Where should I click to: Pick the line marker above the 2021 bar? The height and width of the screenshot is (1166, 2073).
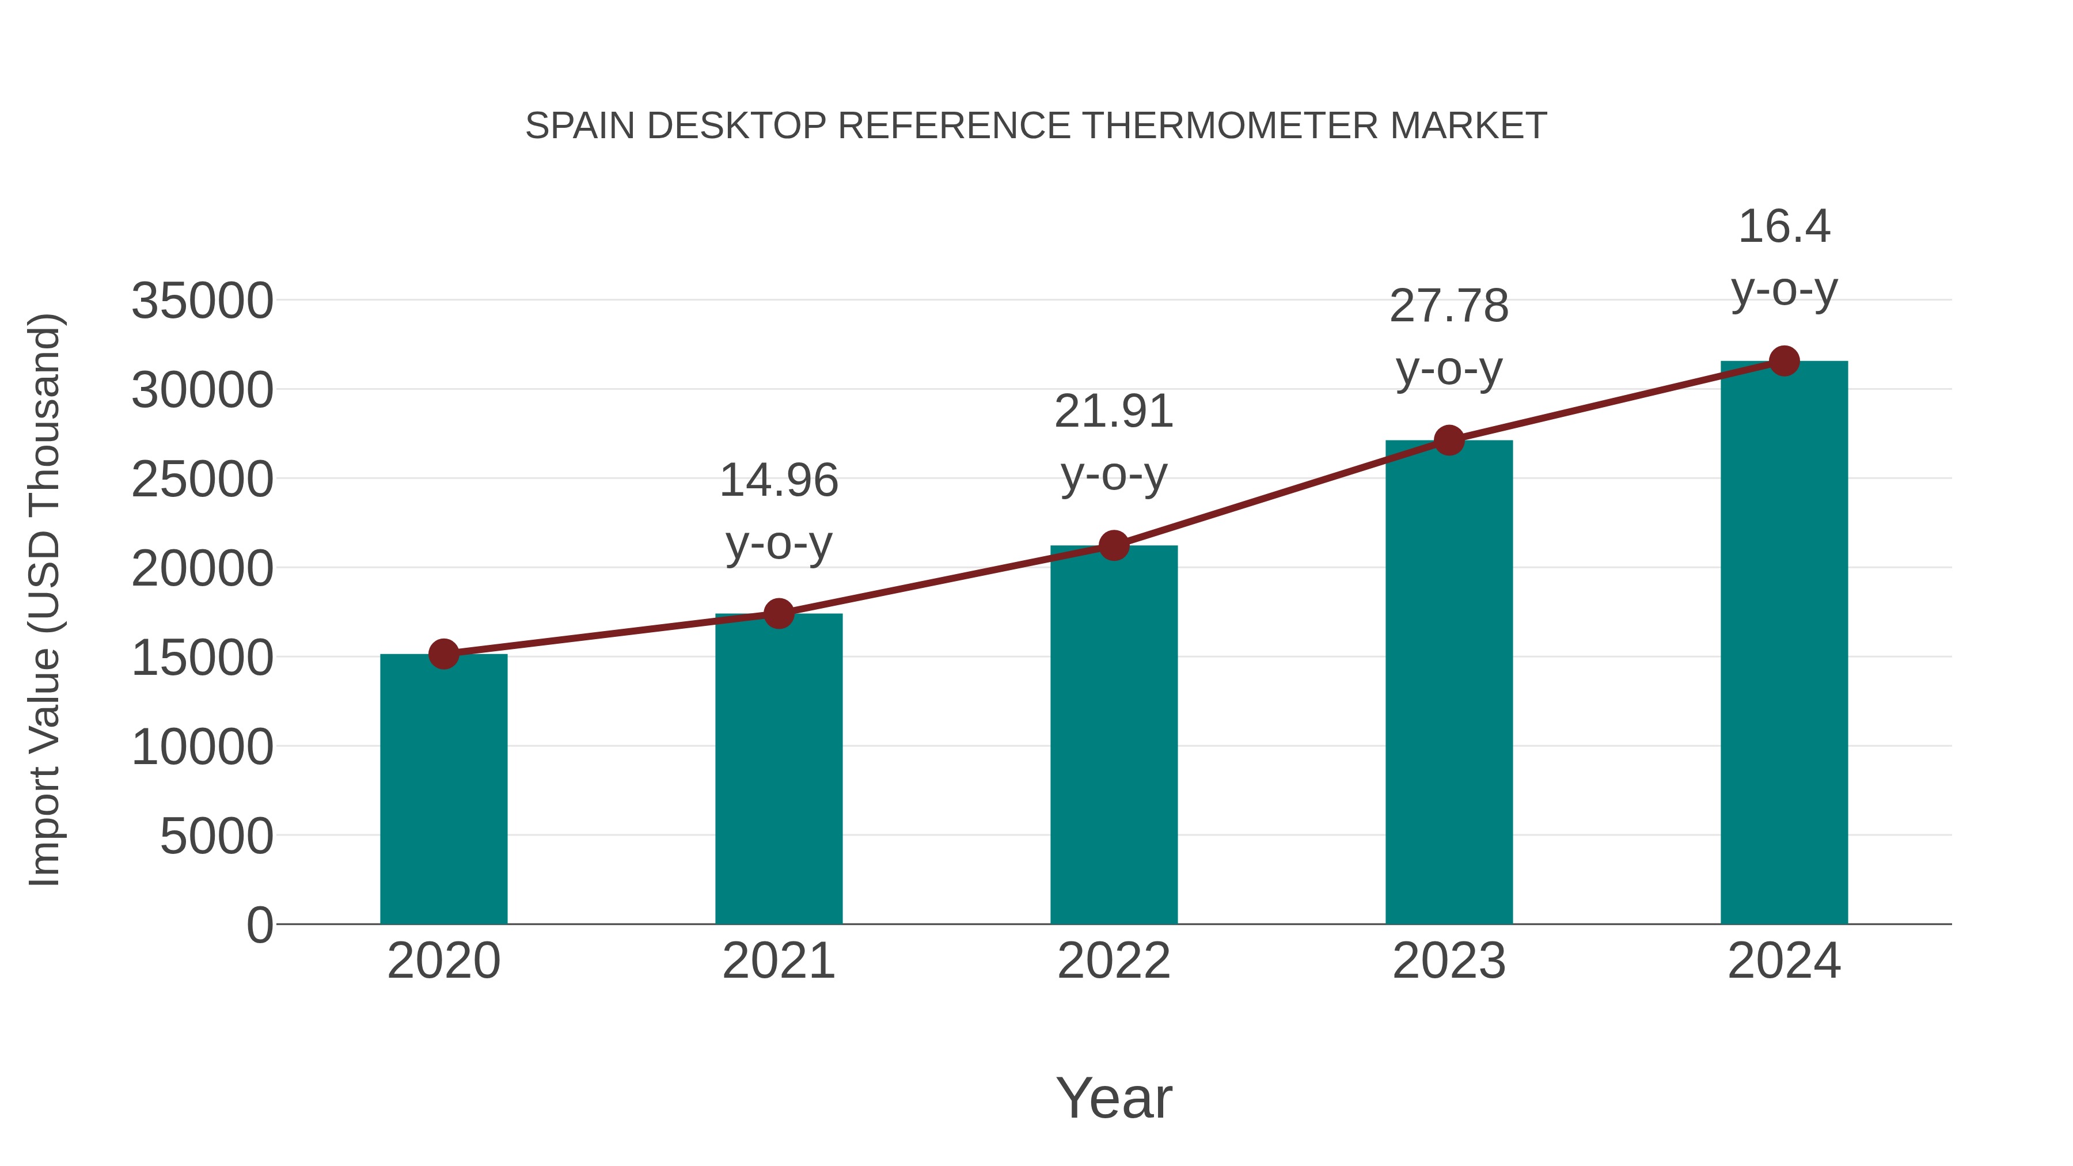[778, 614]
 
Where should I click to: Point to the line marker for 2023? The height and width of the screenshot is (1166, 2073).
[1449, 440]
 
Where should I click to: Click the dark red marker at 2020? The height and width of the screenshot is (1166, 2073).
[443, 654]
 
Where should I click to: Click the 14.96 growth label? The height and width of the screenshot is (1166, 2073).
[778, 480]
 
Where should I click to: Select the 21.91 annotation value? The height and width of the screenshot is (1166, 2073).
[1114, 412]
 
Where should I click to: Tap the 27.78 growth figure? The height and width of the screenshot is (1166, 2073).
[1449, 306]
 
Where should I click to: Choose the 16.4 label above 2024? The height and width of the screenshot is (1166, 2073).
[1784, 226]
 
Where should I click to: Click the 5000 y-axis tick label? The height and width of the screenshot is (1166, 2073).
[217, 837]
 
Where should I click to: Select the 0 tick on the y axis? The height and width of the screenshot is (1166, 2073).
[260, 925]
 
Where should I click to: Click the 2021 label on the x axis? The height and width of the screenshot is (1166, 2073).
[778, 962]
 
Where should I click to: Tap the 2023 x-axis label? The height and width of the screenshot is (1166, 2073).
[1449, 962]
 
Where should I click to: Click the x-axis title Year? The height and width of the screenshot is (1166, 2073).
[1114, 1099]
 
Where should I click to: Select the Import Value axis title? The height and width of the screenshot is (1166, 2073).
[44, 599]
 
